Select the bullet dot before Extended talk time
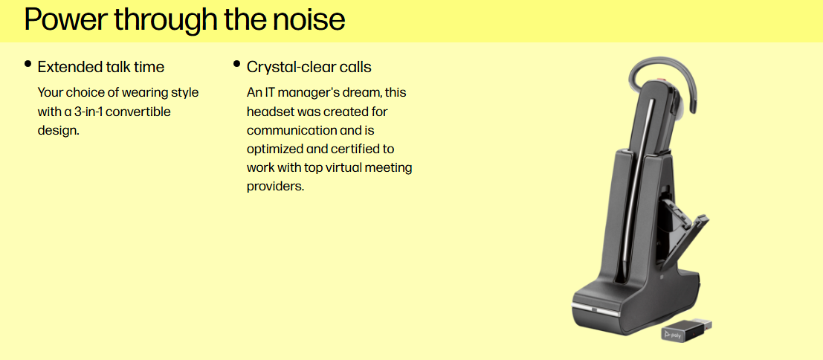click(x=28, y=64)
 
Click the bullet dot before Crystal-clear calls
click(x=236, y=64)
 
